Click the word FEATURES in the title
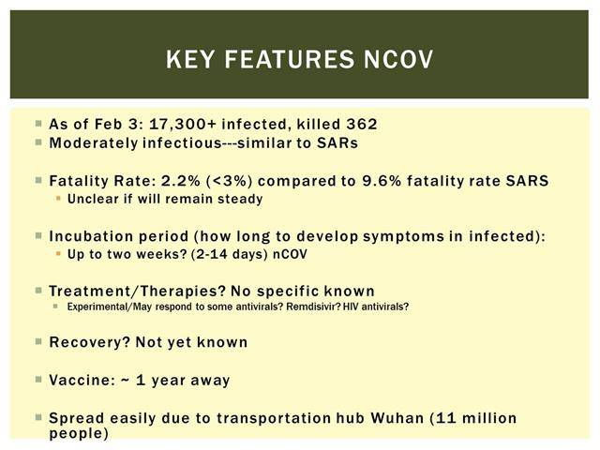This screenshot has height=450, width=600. point(290,59)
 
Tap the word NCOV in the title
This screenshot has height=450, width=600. point(398,59)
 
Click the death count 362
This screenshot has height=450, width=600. point(362,124)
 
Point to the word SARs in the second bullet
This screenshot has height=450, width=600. point(337,143)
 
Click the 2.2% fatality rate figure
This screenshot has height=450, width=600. point(181,181)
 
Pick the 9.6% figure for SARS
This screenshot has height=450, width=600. point(382,181)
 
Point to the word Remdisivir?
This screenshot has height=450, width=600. point(313,307)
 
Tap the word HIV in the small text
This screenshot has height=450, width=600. point(351,307)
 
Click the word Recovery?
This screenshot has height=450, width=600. point(90,342)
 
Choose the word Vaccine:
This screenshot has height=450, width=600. point(82,380)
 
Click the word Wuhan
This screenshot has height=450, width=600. point(397,418)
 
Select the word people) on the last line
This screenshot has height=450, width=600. point(79,434)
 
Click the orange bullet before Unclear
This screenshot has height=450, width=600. point(58,198)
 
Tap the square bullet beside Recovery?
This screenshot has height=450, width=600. point(38,341)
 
